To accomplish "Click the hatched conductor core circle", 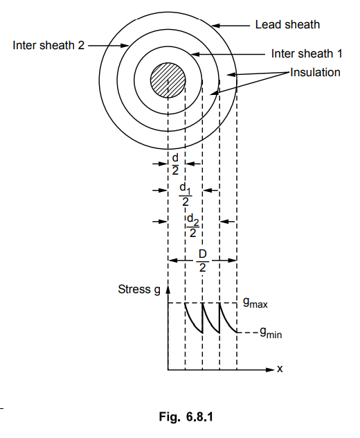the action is pyautogui.click(x=168, y=80).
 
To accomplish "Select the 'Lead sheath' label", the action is pyautogui.click(x=287, y=24).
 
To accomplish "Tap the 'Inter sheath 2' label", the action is pyautogui.click(x=48, y=45).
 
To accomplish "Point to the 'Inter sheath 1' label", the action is pyautogui.click(x=307, y=53).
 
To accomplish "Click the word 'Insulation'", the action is pyautogui.click(x=316, y=72).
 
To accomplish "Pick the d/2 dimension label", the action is pyautogui.click(x=175, y=164).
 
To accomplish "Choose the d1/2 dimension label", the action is pyautogui.click(x=186, y=194).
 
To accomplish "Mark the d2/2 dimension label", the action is pyautogui.click(x=193, y=225).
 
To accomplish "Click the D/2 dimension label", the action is pyautogui.click(x=202, y=261).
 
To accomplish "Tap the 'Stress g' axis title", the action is pyautogui.click(x=139, y=290).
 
